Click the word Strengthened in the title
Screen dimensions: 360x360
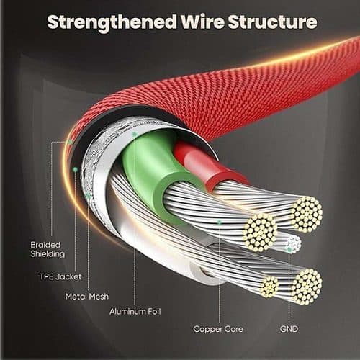point(112,23)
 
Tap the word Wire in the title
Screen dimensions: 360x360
point(202,22)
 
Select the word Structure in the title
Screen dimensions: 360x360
point(272,22)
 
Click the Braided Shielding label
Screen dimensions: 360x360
point(48,250)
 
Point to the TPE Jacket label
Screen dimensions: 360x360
point(60,276)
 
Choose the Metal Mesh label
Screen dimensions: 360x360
point(87,297)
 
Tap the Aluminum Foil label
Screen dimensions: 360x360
point(135,312)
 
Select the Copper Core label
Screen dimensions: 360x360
point(218,329)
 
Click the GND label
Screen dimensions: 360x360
point(289,329)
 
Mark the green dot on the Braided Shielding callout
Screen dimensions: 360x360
point(70,142)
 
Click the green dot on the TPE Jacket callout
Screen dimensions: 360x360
point(76,170)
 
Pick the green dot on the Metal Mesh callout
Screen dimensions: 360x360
point(88,197)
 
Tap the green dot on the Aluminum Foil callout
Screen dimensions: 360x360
point(135,135)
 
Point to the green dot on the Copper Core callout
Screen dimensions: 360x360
point(219,222)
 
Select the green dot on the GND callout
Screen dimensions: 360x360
point(289,250)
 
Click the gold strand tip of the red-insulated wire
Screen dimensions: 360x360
point(307,215)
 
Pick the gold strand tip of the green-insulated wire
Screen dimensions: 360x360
point(260,233)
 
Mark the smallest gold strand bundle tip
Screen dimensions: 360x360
point(269,287)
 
